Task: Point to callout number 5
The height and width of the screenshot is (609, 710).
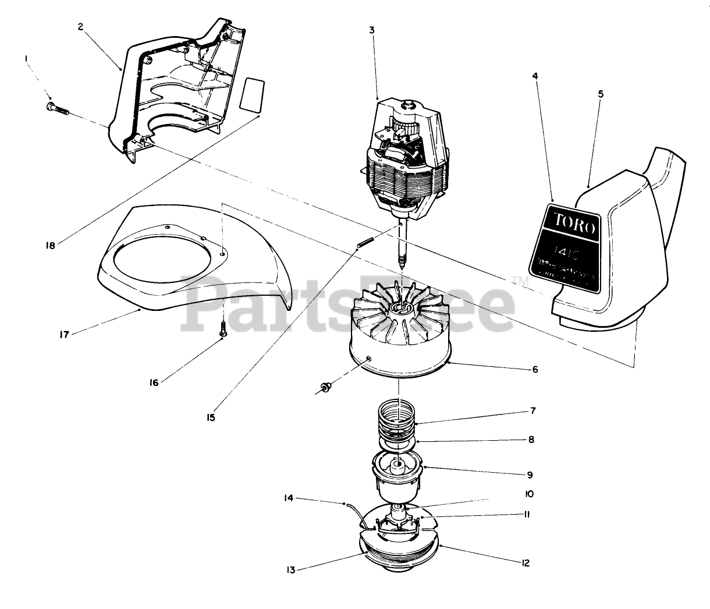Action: pyautogui.click(x=600, y=93)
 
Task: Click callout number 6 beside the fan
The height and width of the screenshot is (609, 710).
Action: pyautogui.click(x=535, y=369)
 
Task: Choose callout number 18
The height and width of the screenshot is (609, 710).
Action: pyautogui.click(x=50, y=246)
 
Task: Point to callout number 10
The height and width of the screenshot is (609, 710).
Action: pyautogui.click(x=529, y=494)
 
